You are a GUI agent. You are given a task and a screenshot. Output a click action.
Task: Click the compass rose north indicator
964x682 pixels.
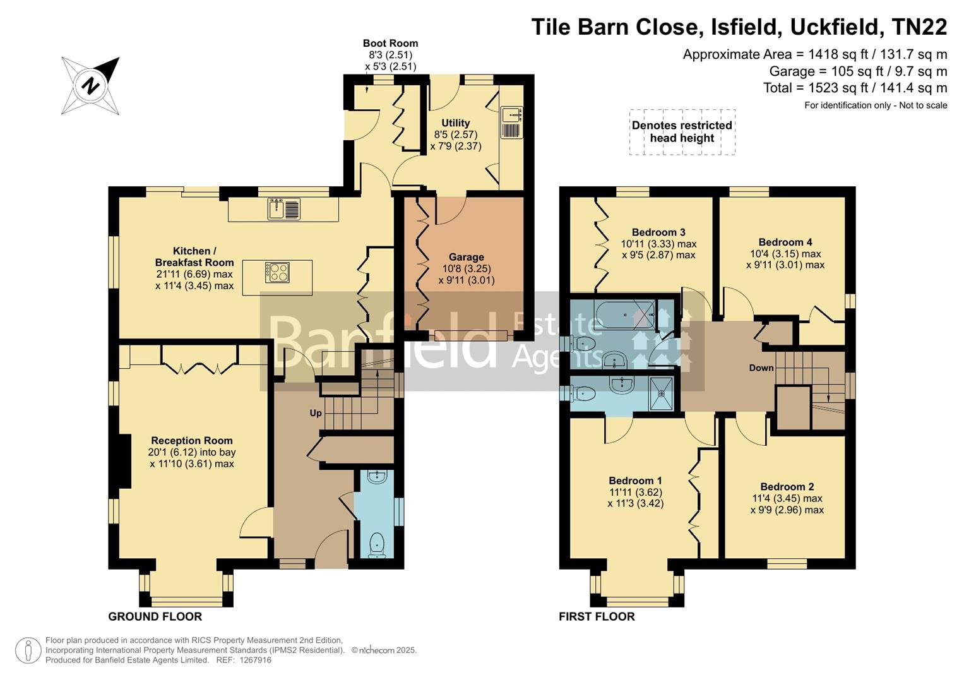click(x=91, y=85)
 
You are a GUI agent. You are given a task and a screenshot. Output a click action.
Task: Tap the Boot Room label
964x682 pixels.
click(x=390, y=44)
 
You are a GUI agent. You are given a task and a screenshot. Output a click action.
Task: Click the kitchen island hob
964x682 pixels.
click(x=277, y=272)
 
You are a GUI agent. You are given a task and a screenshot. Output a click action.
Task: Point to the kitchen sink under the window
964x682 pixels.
click(x=283, y=208)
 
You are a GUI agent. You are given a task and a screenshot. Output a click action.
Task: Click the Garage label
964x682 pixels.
click(x=466, y=257)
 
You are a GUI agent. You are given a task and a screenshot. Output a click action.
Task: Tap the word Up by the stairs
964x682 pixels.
click(x=316, y=413)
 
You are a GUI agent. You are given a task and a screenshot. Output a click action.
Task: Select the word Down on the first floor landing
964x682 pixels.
click(x=761, y=368)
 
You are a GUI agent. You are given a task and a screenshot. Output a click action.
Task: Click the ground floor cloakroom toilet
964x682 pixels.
click(x=377, y=544)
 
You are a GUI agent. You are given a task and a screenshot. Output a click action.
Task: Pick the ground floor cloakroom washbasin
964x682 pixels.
click(x=376, y=477)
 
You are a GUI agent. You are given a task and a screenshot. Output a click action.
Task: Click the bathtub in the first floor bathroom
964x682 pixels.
click(x=625, y=314)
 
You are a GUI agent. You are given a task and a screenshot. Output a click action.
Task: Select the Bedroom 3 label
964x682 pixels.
click(x=658, y=232)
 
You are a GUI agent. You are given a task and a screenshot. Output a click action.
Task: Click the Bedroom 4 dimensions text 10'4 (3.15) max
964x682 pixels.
click(x=785, y=254)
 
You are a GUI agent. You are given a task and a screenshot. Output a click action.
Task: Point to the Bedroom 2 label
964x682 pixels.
click(x=787, y=486)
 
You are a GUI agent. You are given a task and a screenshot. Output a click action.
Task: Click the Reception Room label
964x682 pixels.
click(x=192, y=441)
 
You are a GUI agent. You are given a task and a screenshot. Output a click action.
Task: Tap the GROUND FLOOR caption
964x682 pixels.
click(x=155, y=616)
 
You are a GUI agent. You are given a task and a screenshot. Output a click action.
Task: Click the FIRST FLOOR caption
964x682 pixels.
click(x=597, y=616)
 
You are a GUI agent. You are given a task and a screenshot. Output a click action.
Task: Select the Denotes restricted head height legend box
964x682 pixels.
click(x=682, y=132)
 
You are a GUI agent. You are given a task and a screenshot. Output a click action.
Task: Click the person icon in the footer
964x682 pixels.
click(x=28, y=650)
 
